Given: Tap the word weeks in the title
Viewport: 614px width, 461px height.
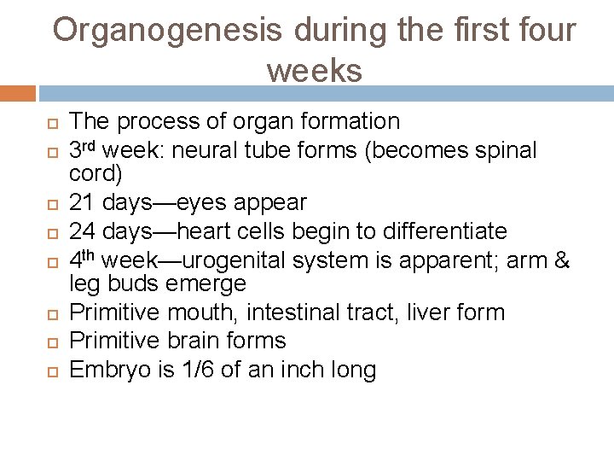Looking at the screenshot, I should (314, 70).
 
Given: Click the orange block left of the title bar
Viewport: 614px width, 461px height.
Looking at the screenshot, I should (18, 92).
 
